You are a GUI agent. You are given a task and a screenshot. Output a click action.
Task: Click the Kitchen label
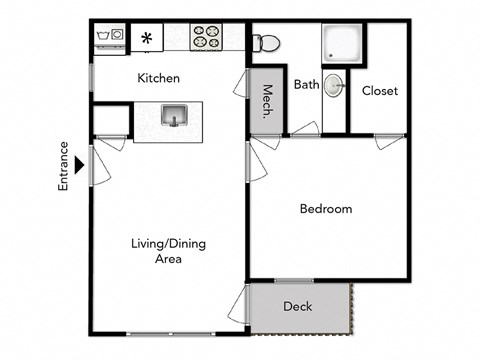(x=158, y=78)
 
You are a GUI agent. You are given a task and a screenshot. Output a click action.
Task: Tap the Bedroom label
(x=326, y=209)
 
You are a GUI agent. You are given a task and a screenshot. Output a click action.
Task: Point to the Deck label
(x=297, y=306)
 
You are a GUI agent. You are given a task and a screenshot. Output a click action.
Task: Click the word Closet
(x=379, y=91)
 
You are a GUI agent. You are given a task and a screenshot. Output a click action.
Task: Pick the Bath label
(x=306, y=85)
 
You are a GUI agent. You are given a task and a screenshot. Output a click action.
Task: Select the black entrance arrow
(x=78, y=159)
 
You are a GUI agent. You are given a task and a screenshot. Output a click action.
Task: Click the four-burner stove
(x=207, y=38)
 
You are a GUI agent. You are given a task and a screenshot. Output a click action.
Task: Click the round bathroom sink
(x=336, y=87)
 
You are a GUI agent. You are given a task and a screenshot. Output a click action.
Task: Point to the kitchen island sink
(x=174, y=116)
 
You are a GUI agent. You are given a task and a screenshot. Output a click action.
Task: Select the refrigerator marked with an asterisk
(x=148, y=39)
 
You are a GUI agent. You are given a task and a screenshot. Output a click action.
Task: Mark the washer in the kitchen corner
(x=109, y=39)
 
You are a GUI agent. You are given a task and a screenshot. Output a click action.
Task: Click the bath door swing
(x=305, y=129)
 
